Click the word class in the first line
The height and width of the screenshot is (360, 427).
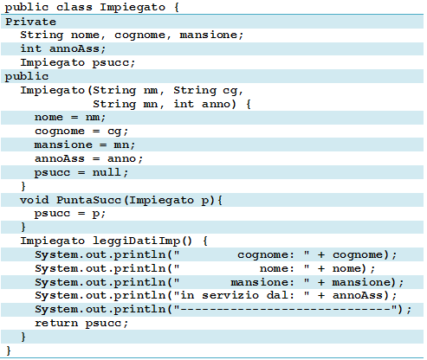[74, 7]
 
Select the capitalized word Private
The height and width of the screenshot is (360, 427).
[31, 22]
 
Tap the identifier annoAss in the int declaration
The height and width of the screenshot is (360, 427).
[74, 48]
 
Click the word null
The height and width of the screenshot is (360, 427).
[107, 172]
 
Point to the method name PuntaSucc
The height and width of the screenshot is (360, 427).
[88, 200]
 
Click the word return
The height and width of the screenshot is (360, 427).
[56, 323]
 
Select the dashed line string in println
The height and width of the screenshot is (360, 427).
[288, 309]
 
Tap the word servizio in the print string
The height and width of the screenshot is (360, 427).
[230, 295]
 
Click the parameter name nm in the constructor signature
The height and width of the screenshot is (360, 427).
[151, 91]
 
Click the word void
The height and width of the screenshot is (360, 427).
[35, 200]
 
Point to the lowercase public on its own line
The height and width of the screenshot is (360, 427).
[27, 77]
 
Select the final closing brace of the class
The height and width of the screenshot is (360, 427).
[9, 350]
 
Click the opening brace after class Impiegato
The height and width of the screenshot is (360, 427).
[177, 7]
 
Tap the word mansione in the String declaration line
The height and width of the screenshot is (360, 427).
[208, 35]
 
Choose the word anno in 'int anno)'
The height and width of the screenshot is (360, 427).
[216, 104]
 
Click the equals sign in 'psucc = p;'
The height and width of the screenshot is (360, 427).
[81, 214]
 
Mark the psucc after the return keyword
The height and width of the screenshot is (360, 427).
[103, 324]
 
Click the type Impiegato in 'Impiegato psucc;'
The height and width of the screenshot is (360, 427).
[53, 63]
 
